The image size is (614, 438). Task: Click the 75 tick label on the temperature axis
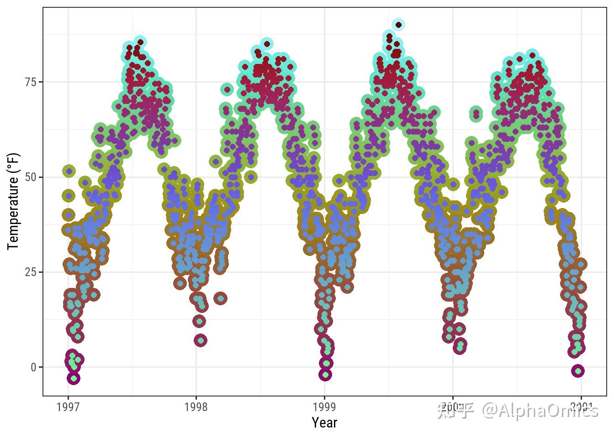(31, 82)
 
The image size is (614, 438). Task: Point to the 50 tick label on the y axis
(31, 177)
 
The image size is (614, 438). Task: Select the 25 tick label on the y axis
(31, 272)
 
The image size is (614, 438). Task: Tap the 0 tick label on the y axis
(34, 367)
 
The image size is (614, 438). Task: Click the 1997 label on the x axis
(68, 407)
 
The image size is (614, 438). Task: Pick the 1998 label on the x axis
(196, 407)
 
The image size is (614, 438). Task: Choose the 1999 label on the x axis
(324, 407)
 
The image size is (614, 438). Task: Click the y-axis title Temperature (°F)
(13, 201)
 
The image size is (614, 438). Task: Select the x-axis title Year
(324, 423)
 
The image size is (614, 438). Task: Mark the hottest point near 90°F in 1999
(398, 25)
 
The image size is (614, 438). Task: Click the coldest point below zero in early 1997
(74, 378)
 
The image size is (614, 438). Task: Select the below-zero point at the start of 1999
(325, 375)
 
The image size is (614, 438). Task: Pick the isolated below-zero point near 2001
(578, 371)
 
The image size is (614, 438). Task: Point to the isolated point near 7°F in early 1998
(201, 340)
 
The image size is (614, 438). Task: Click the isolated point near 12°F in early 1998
(199, 321)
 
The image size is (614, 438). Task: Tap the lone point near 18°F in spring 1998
(221, 298)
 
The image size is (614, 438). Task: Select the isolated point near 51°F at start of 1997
(69, 171)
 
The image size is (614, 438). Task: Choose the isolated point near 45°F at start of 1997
(69, 196)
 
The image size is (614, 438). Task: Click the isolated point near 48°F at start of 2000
(453, 185)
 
